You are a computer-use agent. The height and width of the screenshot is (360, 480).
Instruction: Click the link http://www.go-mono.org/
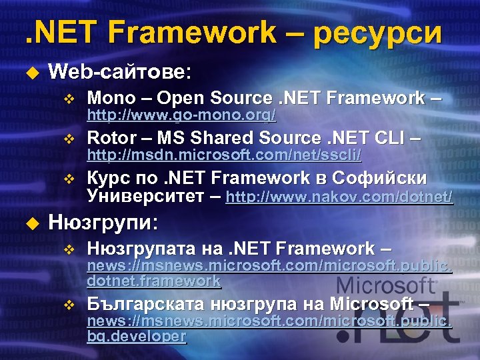[181, 116]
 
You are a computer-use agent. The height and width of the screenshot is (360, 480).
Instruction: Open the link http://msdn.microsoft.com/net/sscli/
[224, 155]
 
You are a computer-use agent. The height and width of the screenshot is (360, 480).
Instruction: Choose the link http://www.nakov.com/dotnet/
[339, 197]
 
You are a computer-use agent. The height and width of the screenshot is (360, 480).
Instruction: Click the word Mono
[111, 98]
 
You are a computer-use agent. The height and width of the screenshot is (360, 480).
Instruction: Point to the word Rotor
[111, 138]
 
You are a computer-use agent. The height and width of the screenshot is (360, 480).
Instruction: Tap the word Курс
[110, 178]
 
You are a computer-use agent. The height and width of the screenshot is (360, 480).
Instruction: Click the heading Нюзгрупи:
[103, 221]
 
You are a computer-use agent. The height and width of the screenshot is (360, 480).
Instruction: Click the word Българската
[144, 305]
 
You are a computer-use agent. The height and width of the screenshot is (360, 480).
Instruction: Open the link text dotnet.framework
[153, 281]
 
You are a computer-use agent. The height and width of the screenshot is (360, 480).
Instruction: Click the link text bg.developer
[136, 337]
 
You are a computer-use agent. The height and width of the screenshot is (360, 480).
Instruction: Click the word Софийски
[388, 178]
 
